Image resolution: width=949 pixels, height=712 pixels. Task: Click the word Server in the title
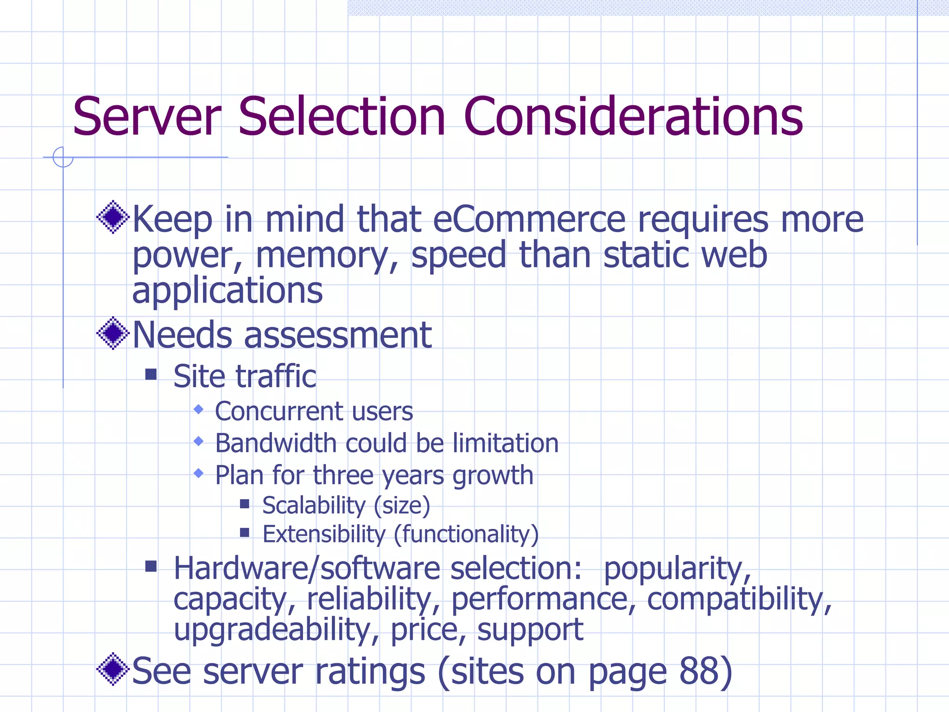tap(147, 117)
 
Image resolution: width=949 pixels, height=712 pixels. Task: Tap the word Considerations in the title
tap(633, 117)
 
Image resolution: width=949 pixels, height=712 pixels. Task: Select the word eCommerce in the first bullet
tap(529, 220)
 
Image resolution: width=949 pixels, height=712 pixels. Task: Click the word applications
tap(228, 291)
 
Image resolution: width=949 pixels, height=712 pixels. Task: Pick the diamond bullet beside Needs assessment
tap(113, 333)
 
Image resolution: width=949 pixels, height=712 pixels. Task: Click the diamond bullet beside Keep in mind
tap(113, 217)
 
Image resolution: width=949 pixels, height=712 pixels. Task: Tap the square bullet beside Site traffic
tap(151, 374)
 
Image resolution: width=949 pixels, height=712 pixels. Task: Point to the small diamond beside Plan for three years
tap(199, 473)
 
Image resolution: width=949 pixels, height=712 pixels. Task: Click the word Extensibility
tap(323, 534)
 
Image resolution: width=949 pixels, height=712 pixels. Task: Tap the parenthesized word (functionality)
tap(466, 534)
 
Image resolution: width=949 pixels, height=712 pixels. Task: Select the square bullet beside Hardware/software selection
tap(151, 566)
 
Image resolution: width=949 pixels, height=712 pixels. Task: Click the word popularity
tap(677, 569)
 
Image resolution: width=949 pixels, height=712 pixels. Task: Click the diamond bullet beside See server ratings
tap(113, 669)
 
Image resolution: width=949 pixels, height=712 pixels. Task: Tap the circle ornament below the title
tap(63, 157)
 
